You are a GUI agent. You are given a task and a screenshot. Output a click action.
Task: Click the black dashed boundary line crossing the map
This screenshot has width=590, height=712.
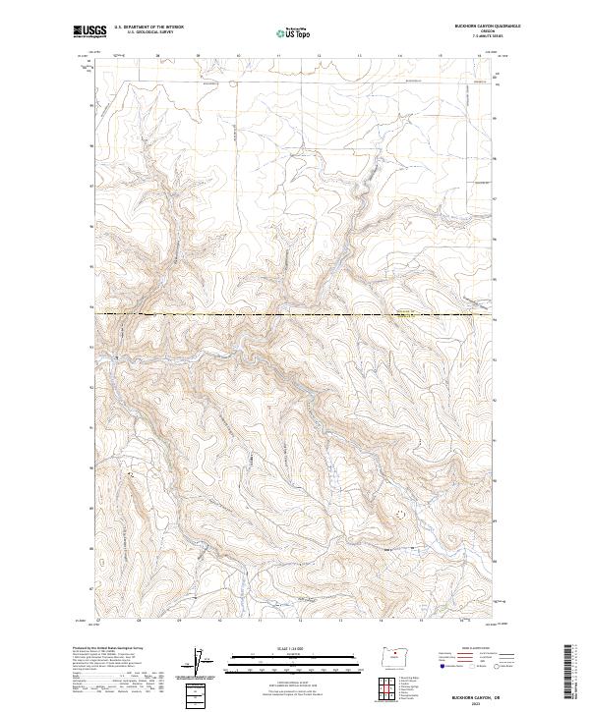(295, 314)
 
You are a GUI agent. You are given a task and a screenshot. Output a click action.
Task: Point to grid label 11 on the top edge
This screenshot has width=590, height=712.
(278, 56)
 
